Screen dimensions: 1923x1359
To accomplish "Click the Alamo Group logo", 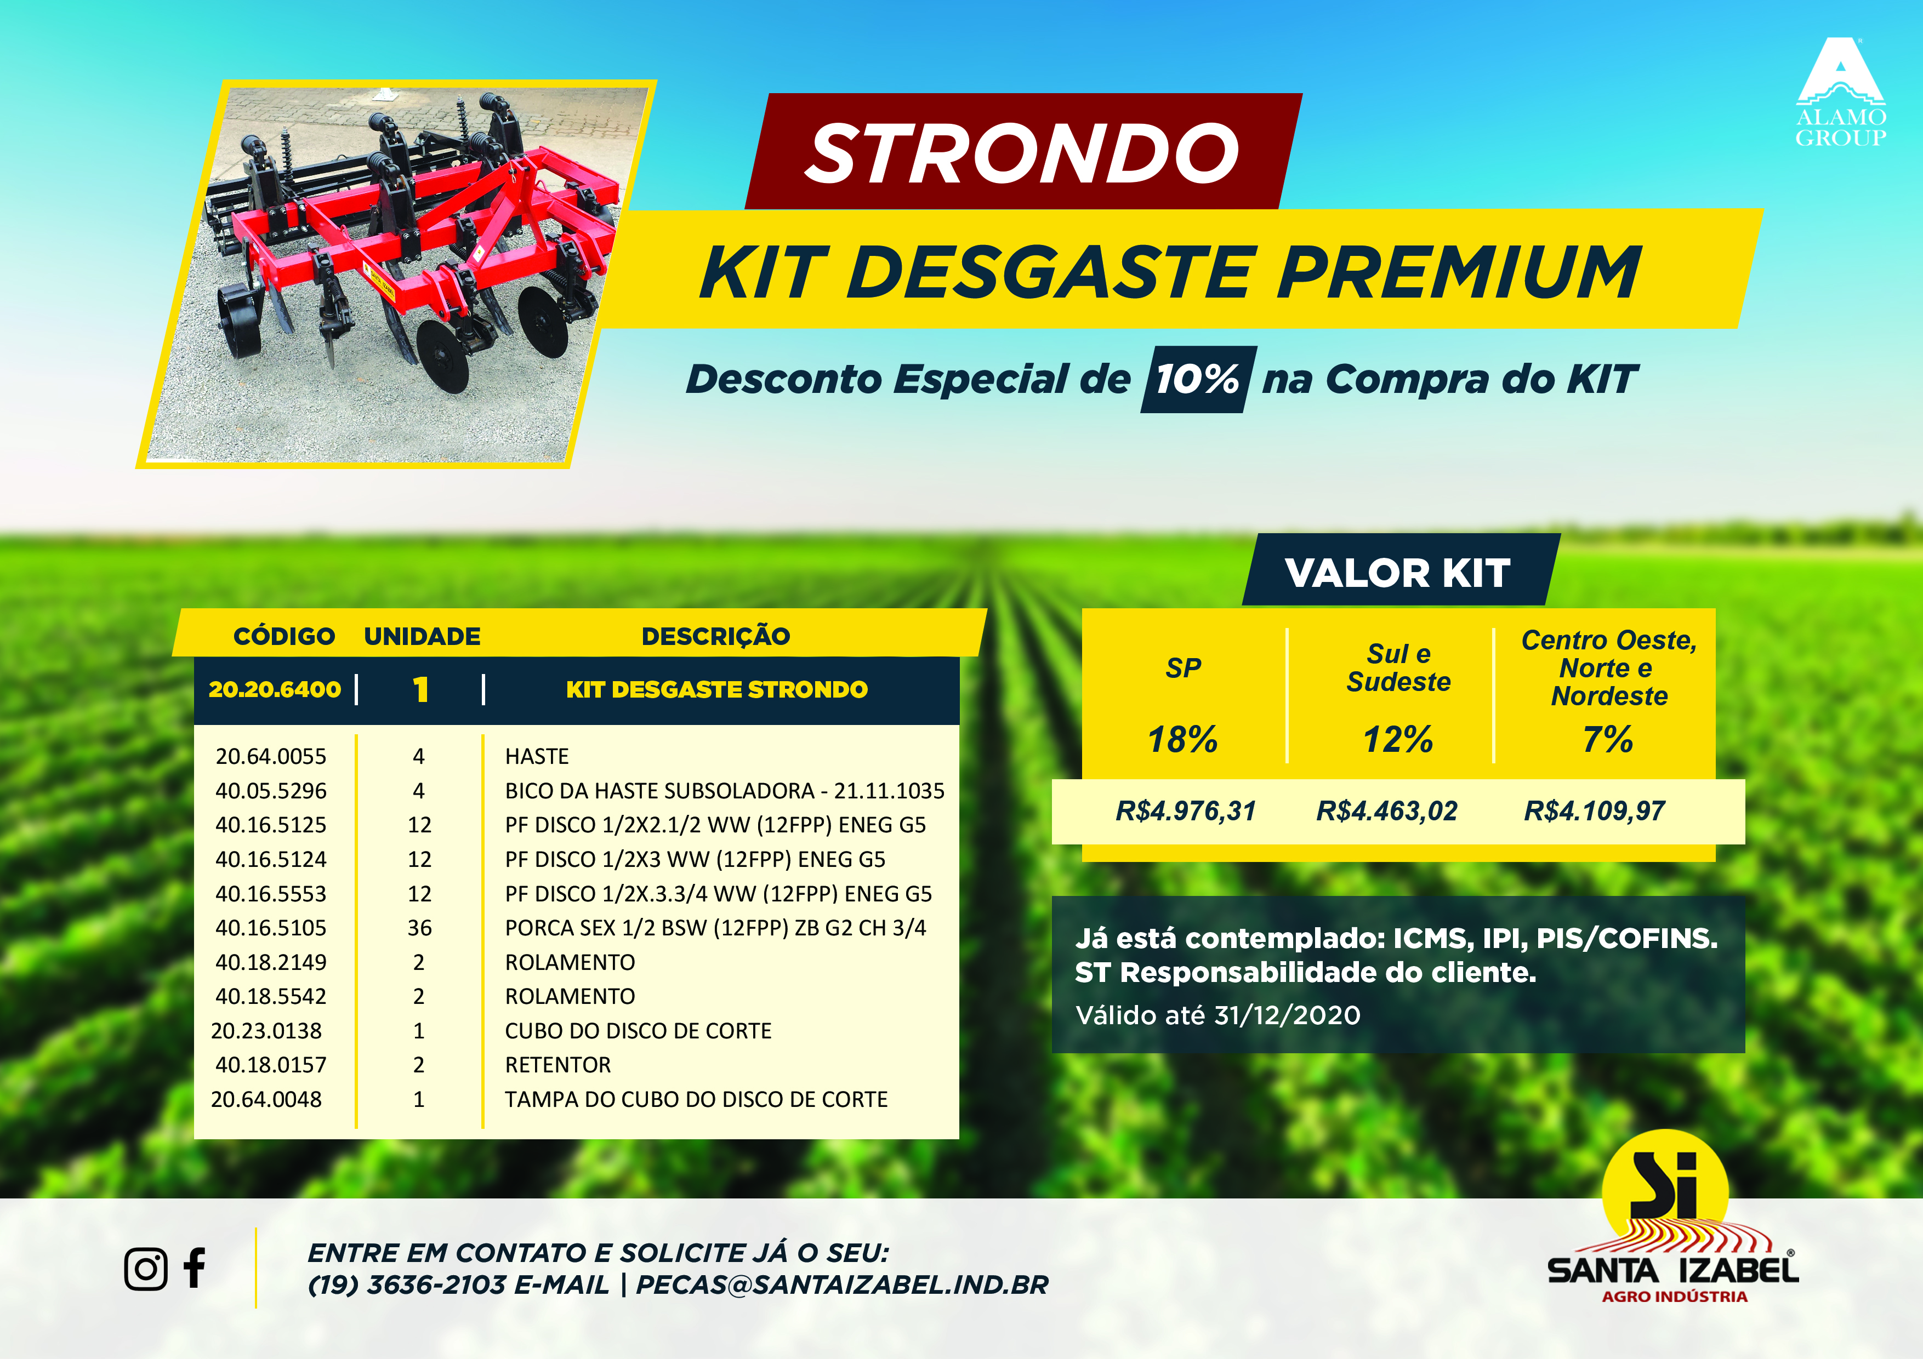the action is [1840, 92].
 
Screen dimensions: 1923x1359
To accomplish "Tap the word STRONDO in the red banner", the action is [1022, 153].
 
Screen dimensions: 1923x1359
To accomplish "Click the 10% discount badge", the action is [1198, 379].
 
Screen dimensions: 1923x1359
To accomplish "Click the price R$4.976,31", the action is [1185, 810].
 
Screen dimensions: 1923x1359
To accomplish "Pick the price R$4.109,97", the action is [1594, 810].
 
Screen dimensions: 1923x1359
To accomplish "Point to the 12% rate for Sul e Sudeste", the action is [1398, 739].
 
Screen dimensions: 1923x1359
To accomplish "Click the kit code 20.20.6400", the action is [275, 689].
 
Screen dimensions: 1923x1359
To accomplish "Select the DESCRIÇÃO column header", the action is [715, 636].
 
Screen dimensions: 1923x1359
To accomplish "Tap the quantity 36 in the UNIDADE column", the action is [419, 928].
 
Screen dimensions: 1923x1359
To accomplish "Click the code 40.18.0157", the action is [271, 1065].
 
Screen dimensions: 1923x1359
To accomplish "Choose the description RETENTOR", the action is [558, 1065].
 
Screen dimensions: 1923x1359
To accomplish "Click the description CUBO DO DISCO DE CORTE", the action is [638, 1031].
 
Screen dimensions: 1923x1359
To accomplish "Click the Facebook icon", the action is [195, 1267].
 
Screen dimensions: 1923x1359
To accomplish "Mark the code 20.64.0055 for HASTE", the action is [271, 756].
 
